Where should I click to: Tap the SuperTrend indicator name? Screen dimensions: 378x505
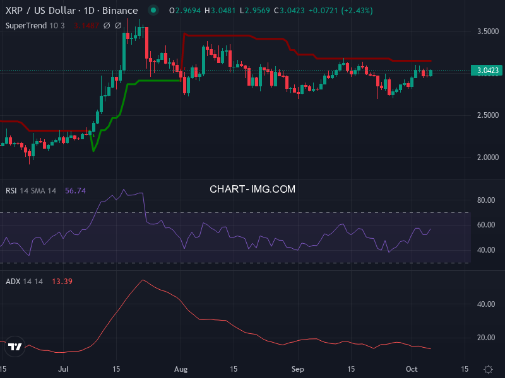pos(27,25)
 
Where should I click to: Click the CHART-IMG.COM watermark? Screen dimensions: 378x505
pos(252,189)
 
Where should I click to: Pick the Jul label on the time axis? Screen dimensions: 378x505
pos(62,369)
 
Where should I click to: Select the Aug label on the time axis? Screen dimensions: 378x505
pos(181,369)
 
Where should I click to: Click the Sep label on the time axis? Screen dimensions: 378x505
pos(298,369)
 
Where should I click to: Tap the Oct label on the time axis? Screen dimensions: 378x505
pos(411,369)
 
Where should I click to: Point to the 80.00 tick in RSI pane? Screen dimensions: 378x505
pos(485,200)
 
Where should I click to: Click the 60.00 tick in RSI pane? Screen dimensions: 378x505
pos(485,225)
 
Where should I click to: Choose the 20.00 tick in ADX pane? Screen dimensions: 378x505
pos(485,338)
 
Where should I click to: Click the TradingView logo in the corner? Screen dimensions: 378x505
pos(16,346)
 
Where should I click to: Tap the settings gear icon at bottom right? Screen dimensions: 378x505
pos(488,369)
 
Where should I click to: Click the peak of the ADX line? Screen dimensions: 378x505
pos(143,280)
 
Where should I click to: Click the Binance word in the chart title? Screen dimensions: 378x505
pos(120,11)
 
